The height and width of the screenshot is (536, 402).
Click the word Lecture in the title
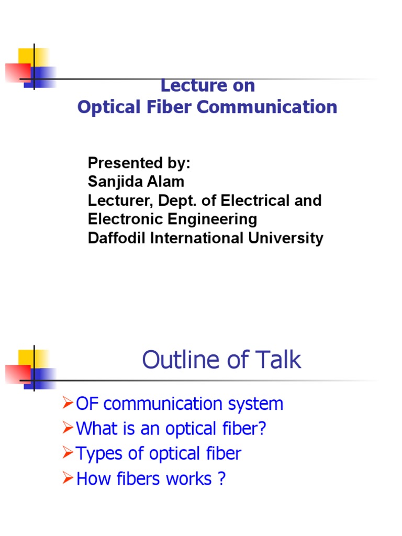coord(186,85)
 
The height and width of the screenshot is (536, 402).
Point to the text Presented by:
coord(139,163)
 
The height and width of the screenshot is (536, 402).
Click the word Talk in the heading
coord(280,360)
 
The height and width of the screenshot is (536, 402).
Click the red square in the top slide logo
coord(17,72)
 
